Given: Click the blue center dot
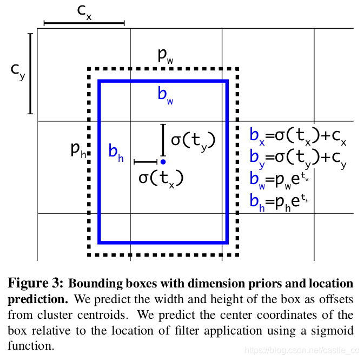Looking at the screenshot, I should pos(163,161).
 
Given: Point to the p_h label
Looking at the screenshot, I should pos(78,150).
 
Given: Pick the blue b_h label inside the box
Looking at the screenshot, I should pos(116,152).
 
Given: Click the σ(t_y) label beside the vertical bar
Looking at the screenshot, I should pos(193,141).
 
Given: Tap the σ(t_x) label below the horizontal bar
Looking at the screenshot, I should pos(161,178).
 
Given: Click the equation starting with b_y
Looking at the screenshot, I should pos(297,158).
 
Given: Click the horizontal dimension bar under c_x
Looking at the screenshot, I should pos(84,23).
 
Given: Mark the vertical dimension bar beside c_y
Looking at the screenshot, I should pos(30,73).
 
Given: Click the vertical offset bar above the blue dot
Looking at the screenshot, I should pos(163,140).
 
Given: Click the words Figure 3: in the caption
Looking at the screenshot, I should pos(35,284).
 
